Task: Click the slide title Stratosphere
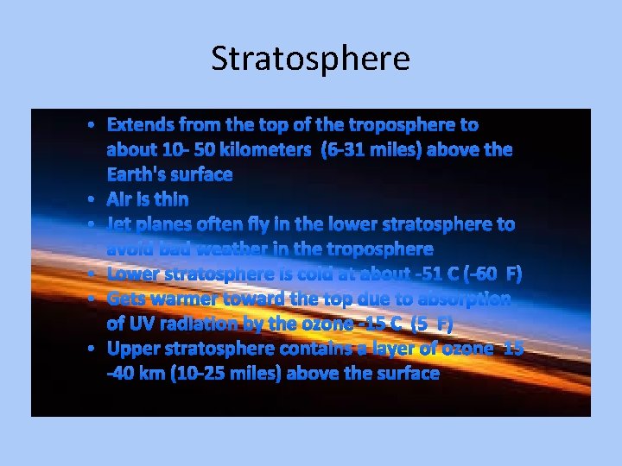[310, 59]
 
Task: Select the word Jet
[119, 224]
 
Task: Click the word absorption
[465, 299]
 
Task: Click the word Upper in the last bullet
[135, 349]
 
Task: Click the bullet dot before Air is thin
[92, 200]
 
